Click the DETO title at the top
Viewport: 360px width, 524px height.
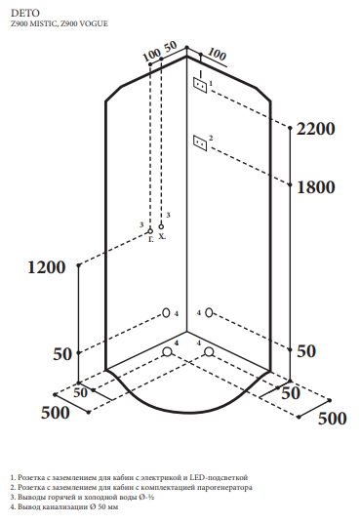coord(25,13)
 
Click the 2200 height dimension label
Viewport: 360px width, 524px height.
coord(316,129)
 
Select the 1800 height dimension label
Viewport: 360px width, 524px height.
coord(316,186)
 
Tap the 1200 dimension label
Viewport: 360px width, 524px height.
coord(46,267)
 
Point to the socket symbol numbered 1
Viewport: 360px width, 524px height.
coord(200,85)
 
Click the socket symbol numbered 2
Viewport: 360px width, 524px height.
coord(200,143)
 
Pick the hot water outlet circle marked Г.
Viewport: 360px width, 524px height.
coord(150,231)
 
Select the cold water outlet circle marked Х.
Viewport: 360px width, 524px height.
coord(161,226)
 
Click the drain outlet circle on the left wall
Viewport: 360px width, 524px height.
coord(166,313)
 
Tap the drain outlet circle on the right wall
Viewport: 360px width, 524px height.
coord(209,313)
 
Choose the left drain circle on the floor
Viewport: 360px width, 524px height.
coord(167,352)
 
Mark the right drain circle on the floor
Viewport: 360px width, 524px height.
coord(209,352)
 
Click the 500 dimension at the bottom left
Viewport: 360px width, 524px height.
coord(56,413)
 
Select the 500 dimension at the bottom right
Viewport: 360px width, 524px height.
coord(333,419)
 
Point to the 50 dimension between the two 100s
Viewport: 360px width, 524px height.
coord(170,46)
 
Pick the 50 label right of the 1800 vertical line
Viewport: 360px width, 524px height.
coord(306,351)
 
